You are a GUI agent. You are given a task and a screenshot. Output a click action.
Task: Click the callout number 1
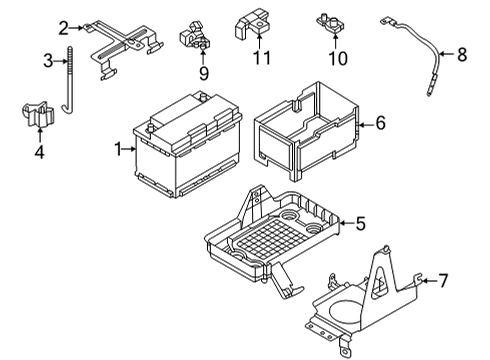point(119,150)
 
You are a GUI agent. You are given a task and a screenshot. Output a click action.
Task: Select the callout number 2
point(63,28)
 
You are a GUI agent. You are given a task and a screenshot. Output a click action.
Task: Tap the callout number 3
point(47,62)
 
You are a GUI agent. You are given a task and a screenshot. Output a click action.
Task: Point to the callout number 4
point(40,152)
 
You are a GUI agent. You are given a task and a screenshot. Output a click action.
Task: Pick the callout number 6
point(379,123)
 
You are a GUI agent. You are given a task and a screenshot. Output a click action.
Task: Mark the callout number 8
point(461,54)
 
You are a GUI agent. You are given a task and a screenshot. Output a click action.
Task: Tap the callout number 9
point(203,73)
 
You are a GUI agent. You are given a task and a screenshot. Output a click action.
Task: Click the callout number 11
point(261,58)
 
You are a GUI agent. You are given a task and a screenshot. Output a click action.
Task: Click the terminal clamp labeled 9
point(195,38)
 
